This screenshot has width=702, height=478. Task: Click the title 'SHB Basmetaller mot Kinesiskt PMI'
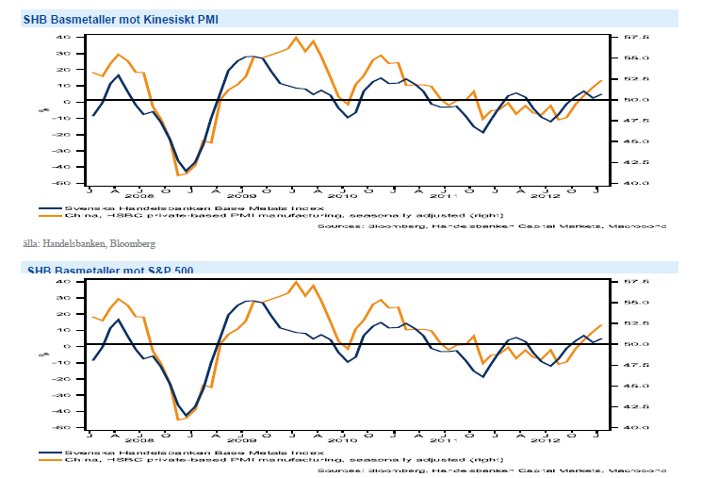[108, 19]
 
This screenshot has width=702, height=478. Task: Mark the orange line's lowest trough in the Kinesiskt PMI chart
[179, 174]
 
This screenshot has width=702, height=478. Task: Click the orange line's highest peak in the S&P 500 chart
[297, 281]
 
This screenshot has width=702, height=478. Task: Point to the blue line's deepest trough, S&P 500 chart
[186, 416]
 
